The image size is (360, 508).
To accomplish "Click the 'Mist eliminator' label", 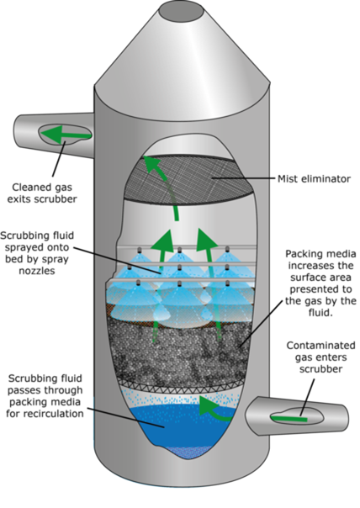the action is [314, 178].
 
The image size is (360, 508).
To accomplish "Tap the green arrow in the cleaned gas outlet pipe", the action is [65, 134].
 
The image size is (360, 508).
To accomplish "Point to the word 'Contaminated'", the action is [320, 346].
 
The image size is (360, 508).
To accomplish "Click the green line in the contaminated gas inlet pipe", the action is [289, 419].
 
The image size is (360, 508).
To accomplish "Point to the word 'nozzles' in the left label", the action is [37, 271].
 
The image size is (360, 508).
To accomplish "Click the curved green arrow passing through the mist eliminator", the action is [164, 185].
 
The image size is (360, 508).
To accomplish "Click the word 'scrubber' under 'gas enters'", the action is [320, 369].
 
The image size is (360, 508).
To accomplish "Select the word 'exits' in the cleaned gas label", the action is [19, 199].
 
